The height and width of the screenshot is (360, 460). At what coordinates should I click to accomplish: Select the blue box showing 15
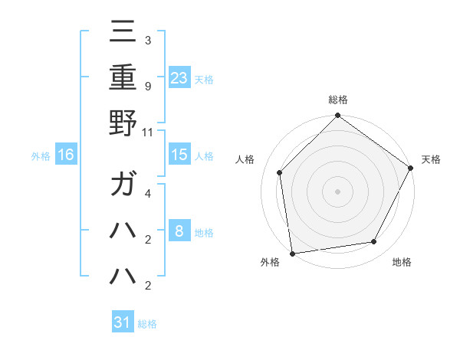[179, 154]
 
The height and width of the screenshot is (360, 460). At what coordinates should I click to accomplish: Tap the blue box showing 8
[179, 231]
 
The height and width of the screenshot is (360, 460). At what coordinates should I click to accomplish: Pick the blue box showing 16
[66, 155]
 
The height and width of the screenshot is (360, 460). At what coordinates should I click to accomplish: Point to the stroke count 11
[148, 132]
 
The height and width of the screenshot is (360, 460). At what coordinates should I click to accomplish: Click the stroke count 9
[148, 87]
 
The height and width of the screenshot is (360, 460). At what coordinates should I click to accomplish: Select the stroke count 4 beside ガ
[148, 194]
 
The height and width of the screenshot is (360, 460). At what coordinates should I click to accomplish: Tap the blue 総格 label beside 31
[147, 324]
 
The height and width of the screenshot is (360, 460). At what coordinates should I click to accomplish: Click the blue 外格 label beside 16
[41, 156]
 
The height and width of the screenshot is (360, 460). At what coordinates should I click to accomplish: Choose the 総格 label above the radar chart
[337, 100]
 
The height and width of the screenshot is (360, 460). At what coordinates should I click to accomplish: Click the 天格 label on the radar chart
[431, 159]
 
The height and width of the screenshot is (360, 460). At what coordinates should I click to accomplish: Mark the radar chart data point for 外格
[292, 253]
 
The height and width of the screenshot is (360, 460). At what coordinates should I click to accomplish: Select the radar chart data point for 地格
[374, 242]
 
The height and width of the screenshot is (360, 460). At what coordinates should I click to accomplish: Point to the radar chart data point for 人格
[280, 172]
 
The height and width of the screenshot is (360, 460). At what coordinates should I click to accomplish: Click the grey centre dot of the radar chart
[337, 191]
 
